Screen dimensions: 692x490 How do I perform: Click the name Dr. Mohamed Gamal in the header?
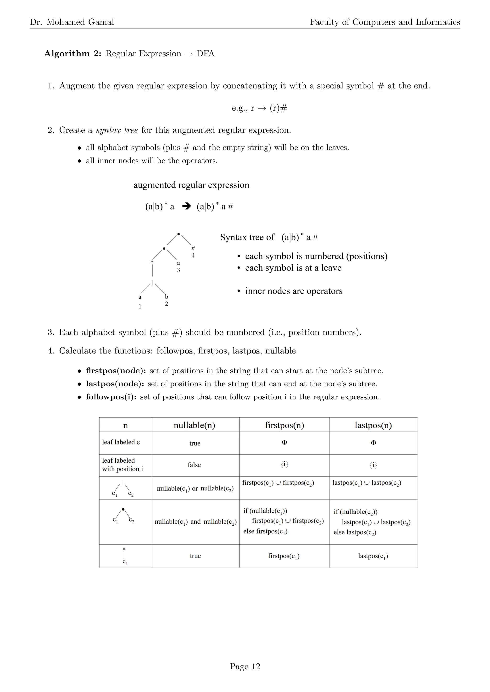point(72,22)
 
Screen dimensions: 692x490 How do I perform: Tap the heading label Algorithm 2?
point(73,54)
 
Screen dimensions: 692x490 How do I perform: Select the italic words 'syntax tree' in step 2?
point(117,130)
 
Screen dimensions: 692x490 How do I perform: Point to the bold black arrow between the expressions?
point(187,206)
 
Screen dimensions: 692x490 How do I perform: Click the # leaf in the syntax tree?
point(193,248)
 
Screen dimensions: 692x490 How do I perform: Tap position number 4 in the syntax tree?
point(193,256)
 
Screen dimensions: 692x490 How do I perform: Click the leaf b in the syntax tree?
point(167,297)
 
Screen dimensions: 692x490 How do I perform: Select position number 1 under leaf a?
point(140,306)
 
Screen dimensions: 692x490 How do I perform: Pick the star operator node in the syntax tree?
point(152,262)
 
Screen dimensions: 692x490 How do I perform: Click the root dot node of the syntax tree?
point(179,234)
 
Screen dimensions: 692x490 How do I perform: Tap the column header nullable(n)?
point(194,425)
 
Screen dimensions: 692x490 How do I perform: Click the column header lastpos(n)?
point(373,425)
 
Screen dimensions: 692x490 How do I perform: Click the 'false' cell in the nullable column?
point(194,465)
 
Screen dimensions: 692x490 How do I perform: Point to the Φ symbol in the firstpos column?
point(284,443)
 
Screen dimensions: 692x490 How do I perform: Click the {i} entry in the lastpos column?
point(373,465)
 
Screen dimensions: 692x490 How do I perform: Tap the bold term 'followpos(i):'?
point(111,397)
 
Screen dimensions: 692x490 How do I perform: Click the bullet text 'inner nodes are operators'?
point(294,291)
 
